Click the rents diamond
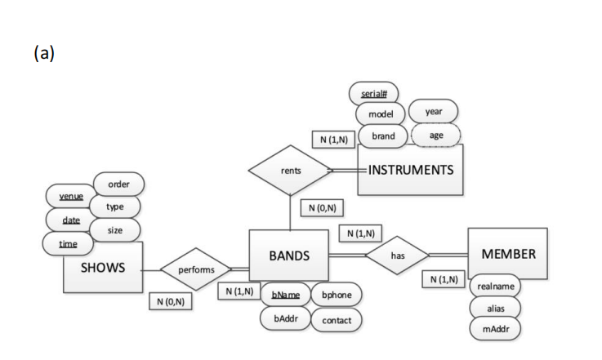290,171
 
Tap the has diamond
398,256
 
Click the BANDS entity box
288,256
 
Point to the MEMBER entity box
508,253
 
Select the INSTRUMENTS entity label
410,171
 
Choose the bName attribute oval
285,294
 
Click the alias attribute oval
495,309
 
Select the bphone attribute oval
337,294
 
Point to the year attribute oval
434,112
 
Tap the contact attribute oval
337,320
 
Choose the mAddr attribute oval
495,329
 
